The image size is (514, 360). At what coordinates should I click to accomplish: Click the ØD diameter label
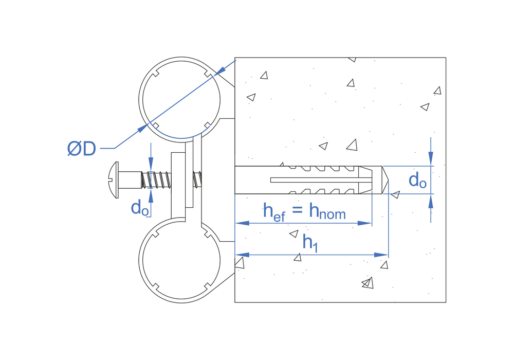(82, 149)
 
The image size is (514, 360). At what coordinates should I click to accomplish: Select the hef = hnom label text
(304, 211)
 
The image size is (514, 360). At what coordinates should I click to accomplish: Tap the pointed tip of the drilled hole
(387, 180)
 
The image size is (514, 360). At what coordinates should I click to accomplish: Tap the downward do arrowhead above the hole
(431, 159)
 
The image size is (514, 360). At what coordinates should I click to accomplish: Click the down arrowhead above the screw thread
(150, 166)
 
